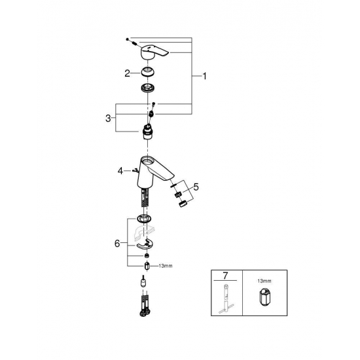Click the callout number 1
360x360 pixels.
pyautogui.click(x=204, y=76)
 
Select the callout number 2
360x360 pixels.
pyautogui.click(x=127, y=73)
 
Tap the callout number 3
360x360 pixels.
pyautogui.click(x=108, y=118)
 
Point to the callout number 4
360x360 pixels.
pyautogui.click(x=120, y=171)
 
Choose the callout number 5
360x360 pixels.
pyautogui.click(x=196, y=187)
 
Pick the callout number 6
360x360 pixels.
pyautogui.click(x=117, y=243)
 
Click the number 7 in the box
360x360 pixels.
pyautogui.click(x=225, y=276)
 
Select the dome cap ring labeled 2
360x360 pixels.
pyautogui.click(x=147, y=72)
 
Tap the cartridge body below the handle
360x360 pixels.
pyautogui.click(x=147, y=132)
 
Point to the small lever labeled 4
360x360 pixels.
pyautogui.click(x=135, y=170)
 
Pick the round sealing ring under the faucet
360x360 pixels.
pyautogui.click(x=144, y=219)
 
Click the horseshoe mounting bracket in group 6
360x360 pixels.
pyautogui.click(x=145, y=245)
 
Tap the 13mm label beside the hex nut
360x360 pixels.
pyautogui.click(x=166, y=266)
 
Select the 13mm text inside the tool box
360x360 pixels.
pyautogui.click(x=264, y=281)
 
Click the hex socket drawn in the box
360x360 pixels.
pyautogui.click(x=264, y=297)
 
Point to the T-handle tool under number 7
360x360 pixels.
pyautogui.click(x=226, y=298)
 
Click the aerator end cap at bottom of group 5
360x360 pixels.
pyautogui.click(x=183, y=204)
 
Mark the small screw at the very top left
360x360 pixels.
pyautogui.click(x=127, y=39)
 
